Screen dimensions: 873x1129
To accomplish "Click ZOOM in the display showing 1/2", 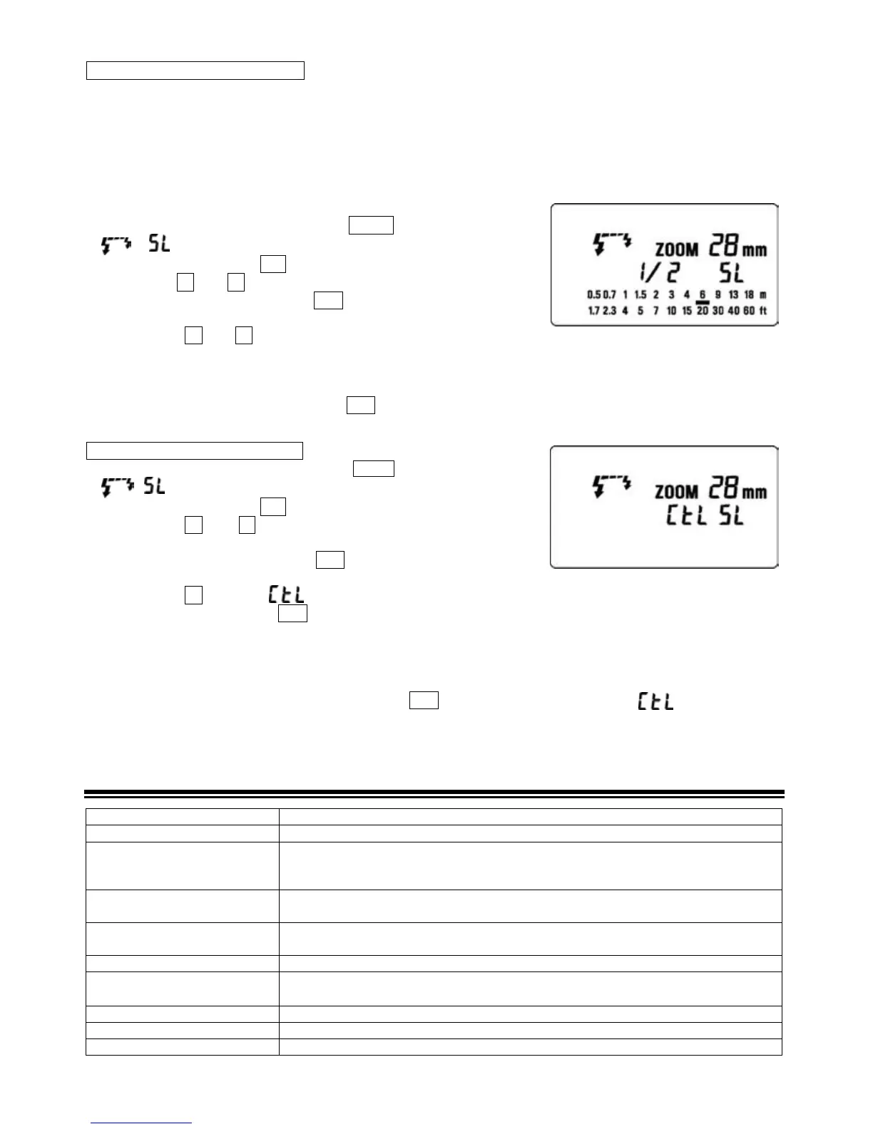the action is (x=676, y=250).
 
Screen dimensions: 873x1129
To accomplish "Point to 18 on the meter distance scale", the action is (x=748, y=295).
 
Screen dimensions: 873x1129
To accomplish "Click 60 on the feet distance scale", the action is (x=748, y=311).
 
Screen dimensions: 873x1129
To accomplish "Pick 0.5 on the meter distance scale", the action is (x=593, y=295).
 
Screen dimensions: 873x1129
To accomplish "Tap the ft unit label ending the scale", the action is (x=762, y=311).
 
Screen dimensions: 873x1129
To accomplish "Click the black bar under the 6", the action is (x=703, y=303).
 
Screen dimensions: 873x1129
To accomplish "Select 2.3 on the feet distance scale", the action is (x=609, y=311).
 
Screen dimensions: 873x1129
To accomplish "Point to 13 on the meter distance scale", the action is (x=732, y=295).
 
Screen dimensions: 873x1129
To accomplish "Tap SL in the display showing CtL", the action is (x=730, y=516).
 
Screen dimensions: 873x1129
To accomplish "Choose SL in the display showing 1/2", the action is (x=730, y=272).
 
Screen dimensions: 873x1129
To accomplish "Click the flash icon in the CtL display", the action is (x=612, y=486).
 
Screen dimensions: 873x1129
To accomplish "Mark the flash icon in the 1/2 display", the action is (x=612, y=244).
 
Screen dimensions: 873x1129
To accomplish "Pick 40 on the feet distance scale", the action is (x=733, y=311).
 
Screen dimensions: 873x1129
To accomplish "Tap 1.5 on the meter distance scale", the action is (x=640, y=295).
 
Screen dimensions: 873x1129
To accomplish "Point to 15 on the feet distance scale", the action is (x=686, y=311).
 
